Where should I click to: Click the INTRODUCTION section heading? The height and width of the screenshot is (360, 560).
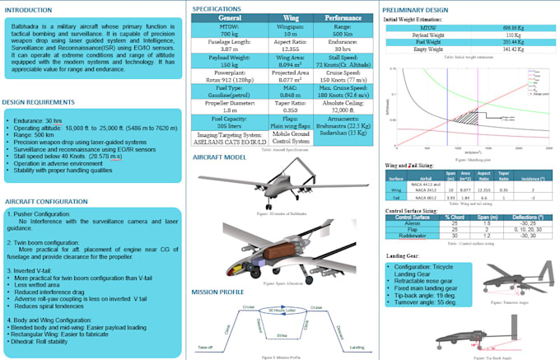[x=35, y=11]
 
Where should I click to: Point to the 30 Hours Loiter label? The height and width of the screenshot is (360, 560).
[x=280, y=309]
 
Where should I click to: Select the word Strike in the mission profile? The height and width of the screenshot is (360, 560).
[x=281, y=336]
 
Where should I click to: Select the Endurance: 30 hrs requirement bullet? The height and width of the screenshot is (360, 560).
[x=38, y=119]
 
